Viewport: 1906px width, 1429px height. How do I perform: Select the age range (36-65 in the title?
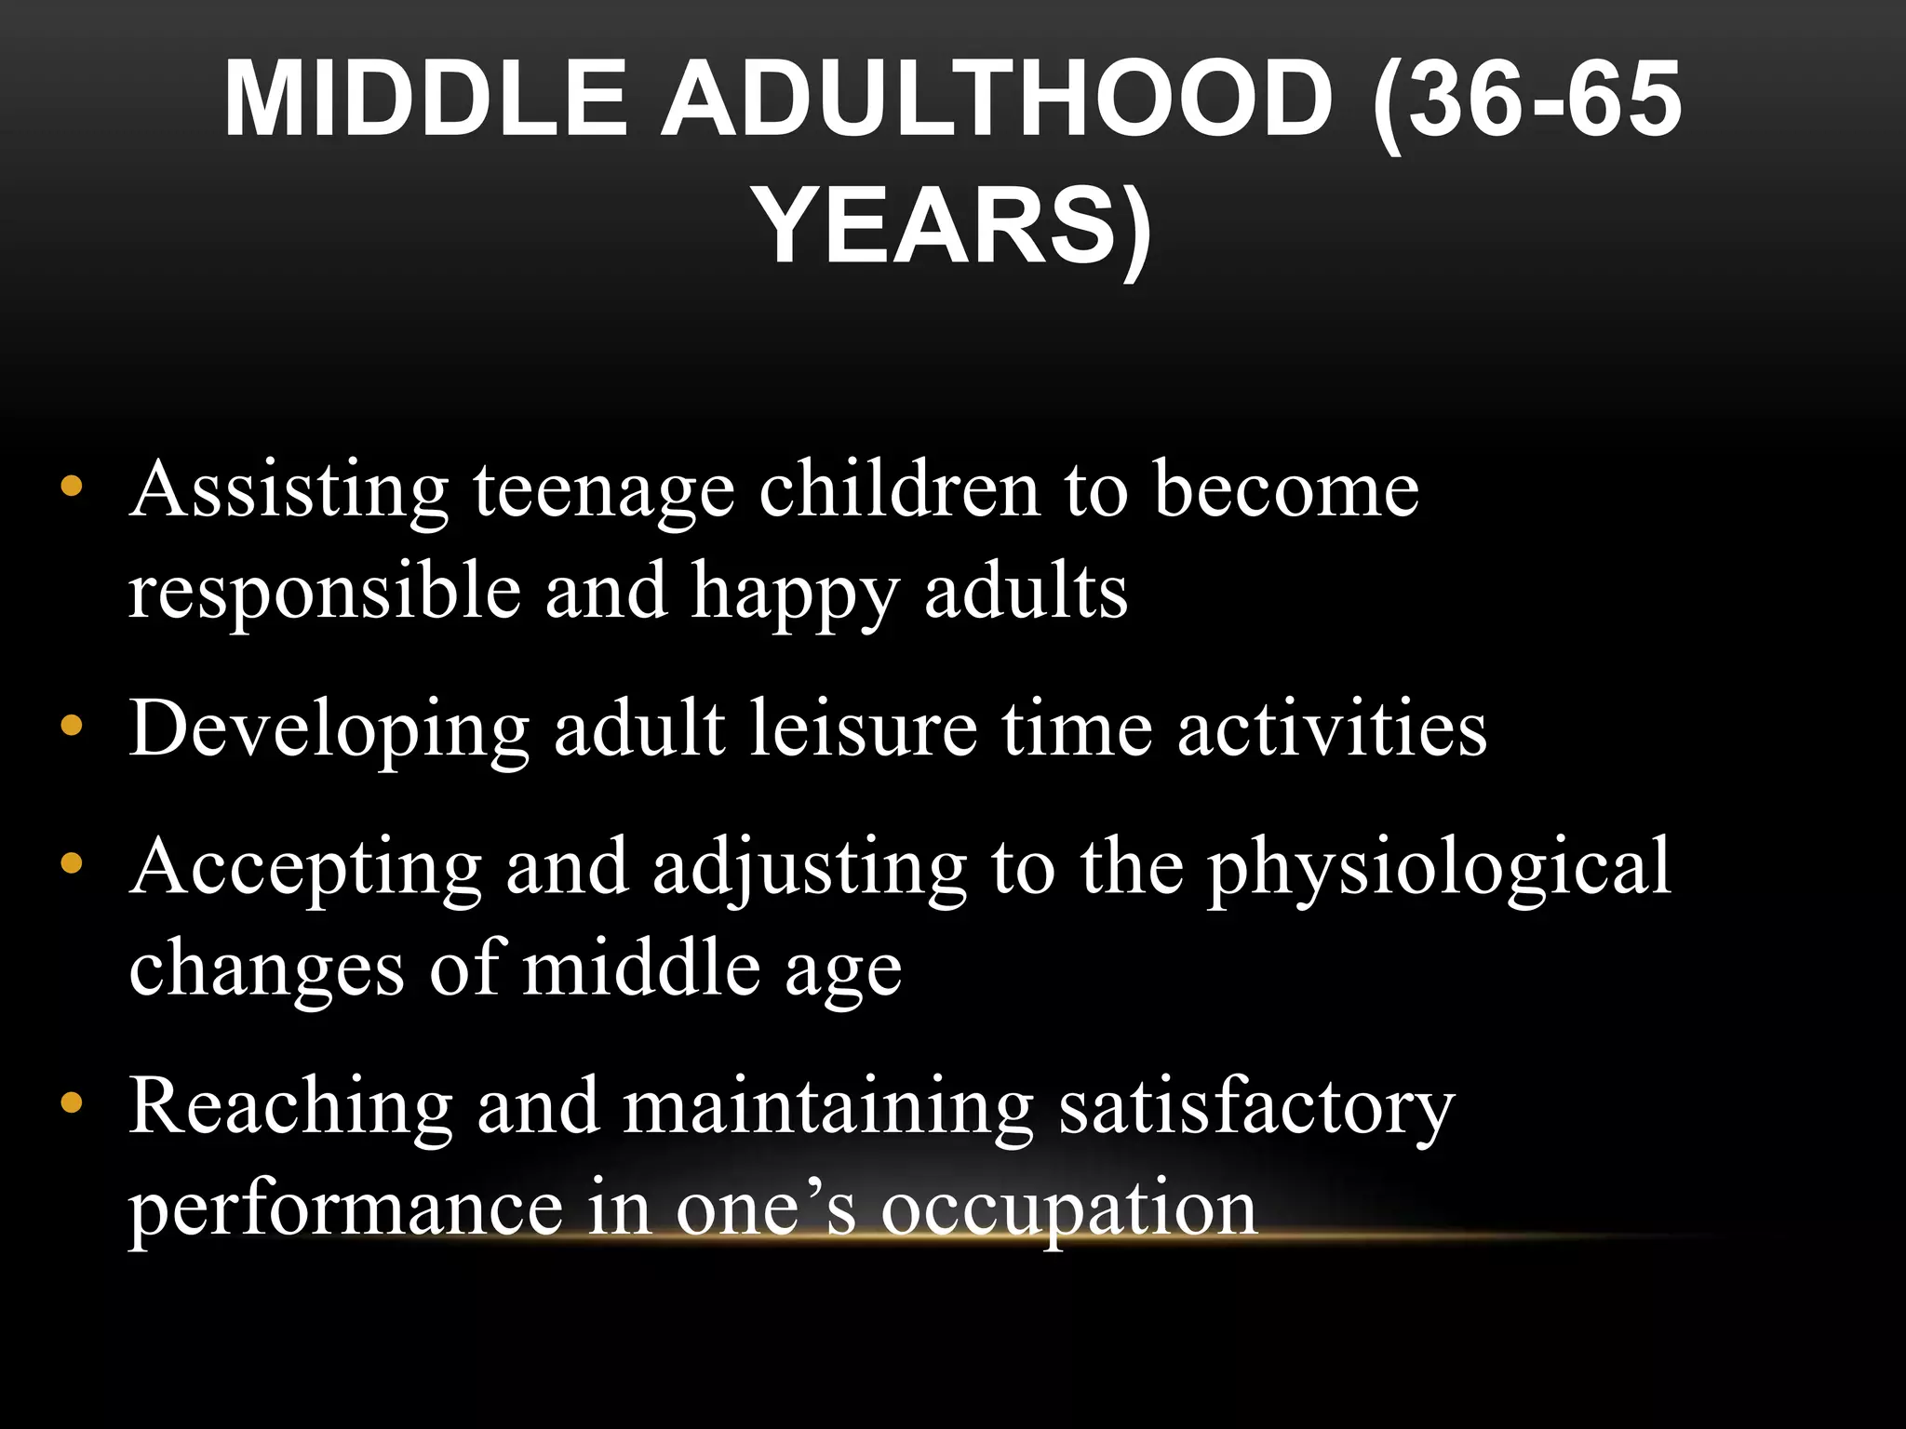click(x=1526, y=98)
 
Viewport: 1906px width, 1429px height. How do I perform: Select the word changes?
click(x=266, y=968)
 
